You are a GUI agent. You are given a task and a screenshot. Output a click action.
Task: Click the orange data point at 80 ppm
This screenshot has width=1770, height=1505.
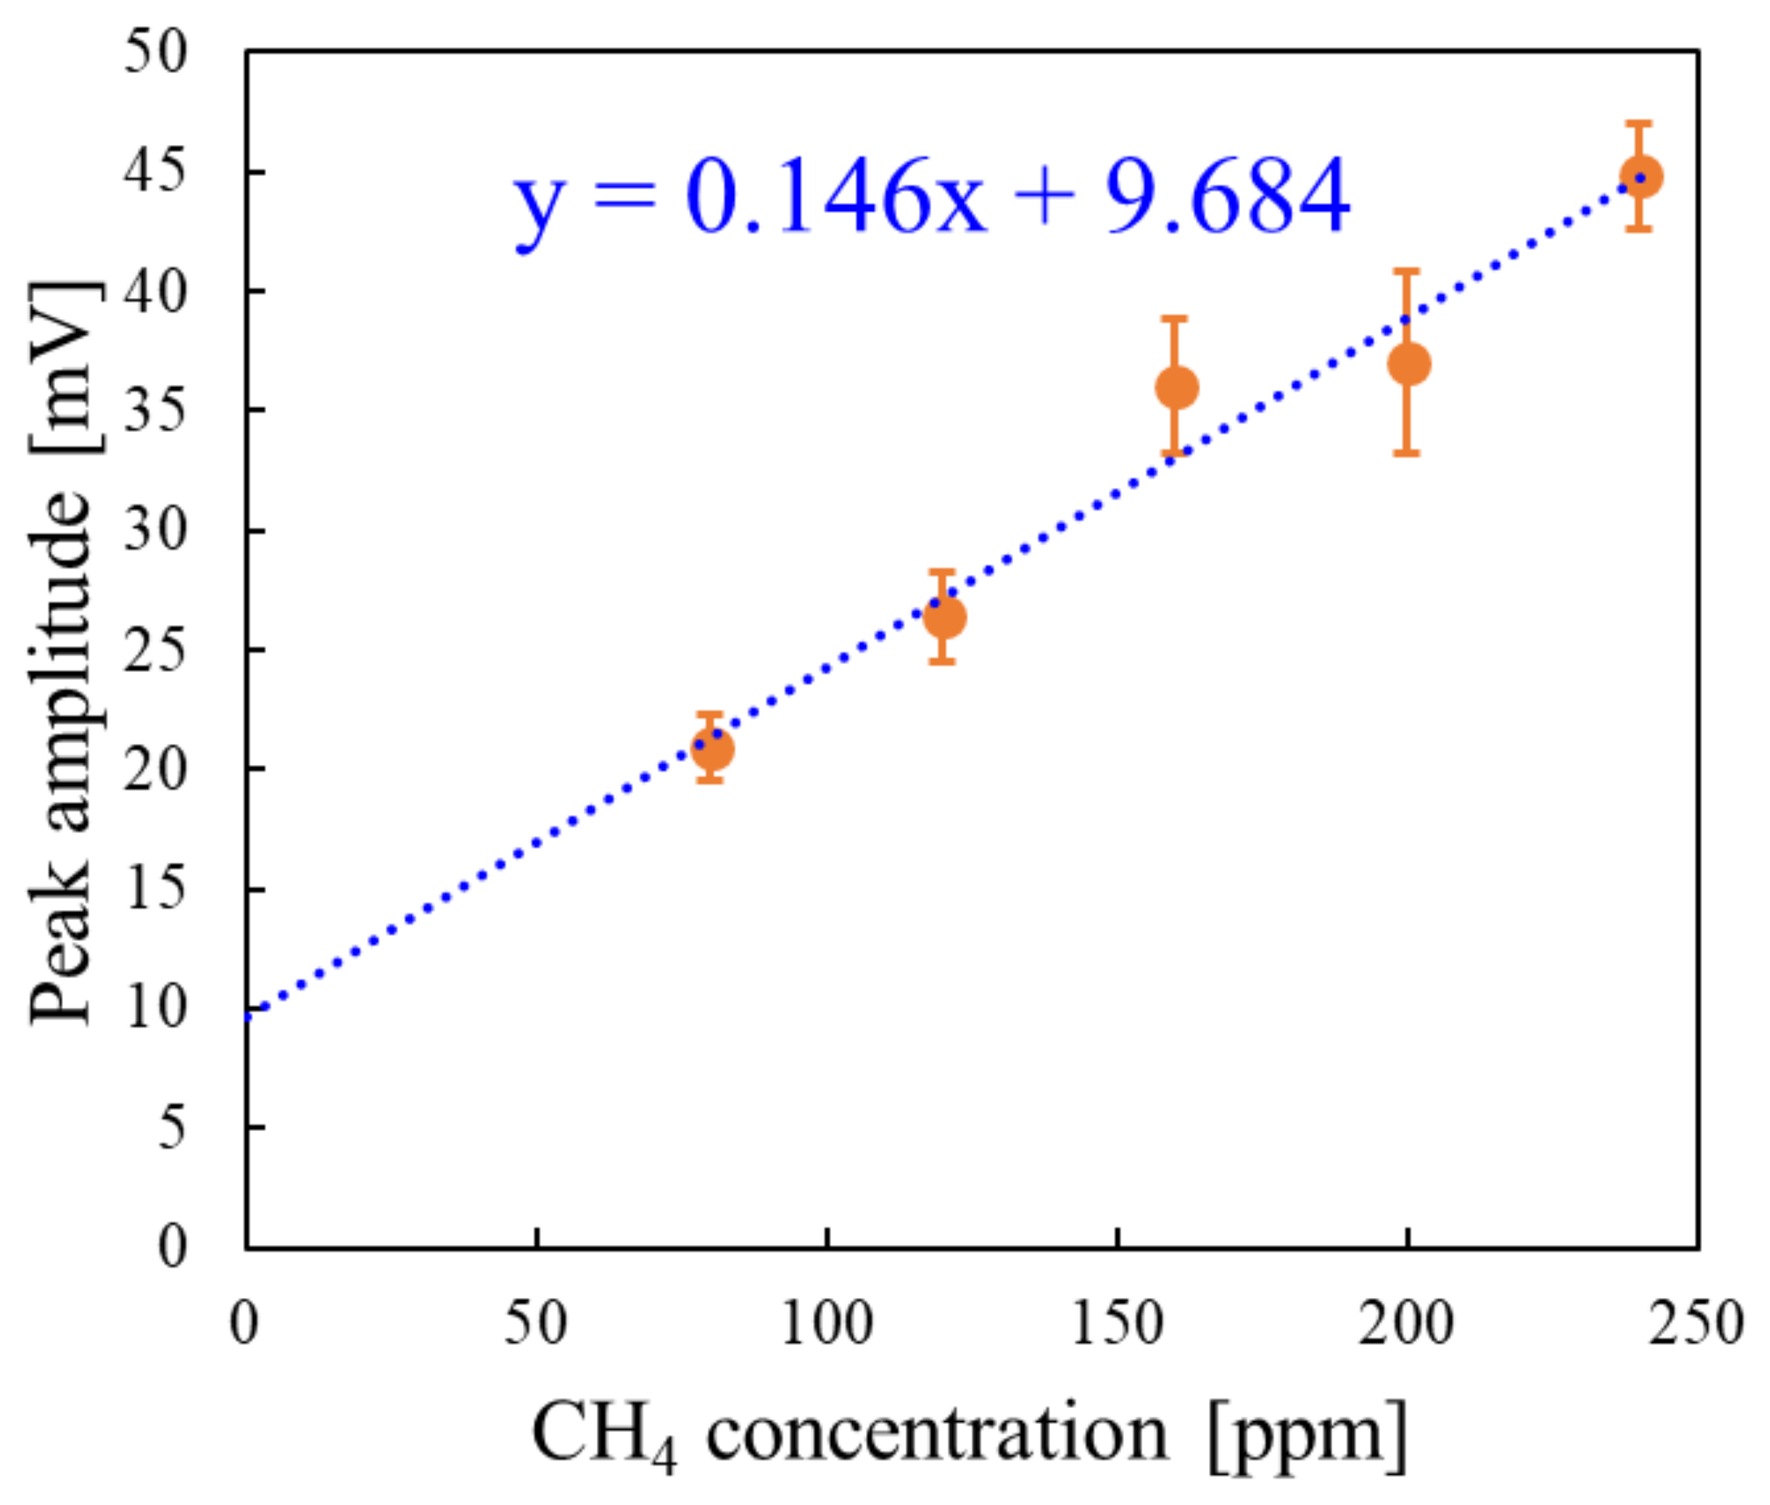point(712,749)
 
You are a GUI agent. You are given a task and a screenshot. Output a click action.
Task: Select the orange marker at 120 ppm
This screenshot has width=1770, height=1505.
point(944,616)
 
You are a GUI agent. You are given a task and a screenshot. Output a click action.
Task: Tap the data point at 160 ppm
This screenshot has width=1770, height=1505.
point(1176,387)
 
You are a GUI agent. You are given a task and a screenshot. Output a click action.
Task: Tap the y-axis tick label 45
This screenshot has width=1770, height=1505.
point(154,172)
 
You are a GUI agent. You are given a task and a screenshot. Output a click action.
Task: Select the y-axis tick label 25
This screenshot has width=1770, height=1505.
point(154,650)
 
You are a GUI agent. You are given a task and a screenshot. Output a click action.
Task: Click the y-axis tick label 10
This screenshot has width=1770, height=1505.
point(154,1009)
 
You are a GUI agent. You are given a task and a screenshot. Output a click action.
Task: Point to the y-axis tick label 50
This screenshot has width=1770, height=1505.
point(154,52)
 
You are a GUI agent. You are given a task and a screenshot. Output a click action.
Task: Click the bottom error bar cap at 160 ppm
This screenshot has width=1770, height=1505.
point(1175,454)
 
